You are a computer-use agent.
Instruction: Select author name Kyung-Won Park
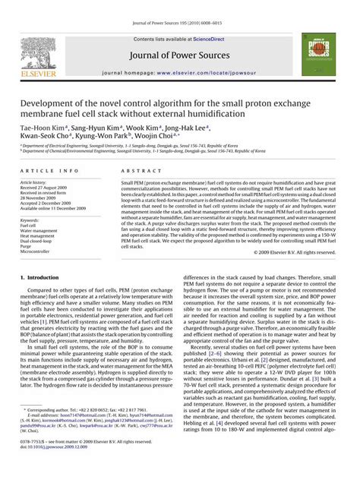(x=96, y=137)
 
